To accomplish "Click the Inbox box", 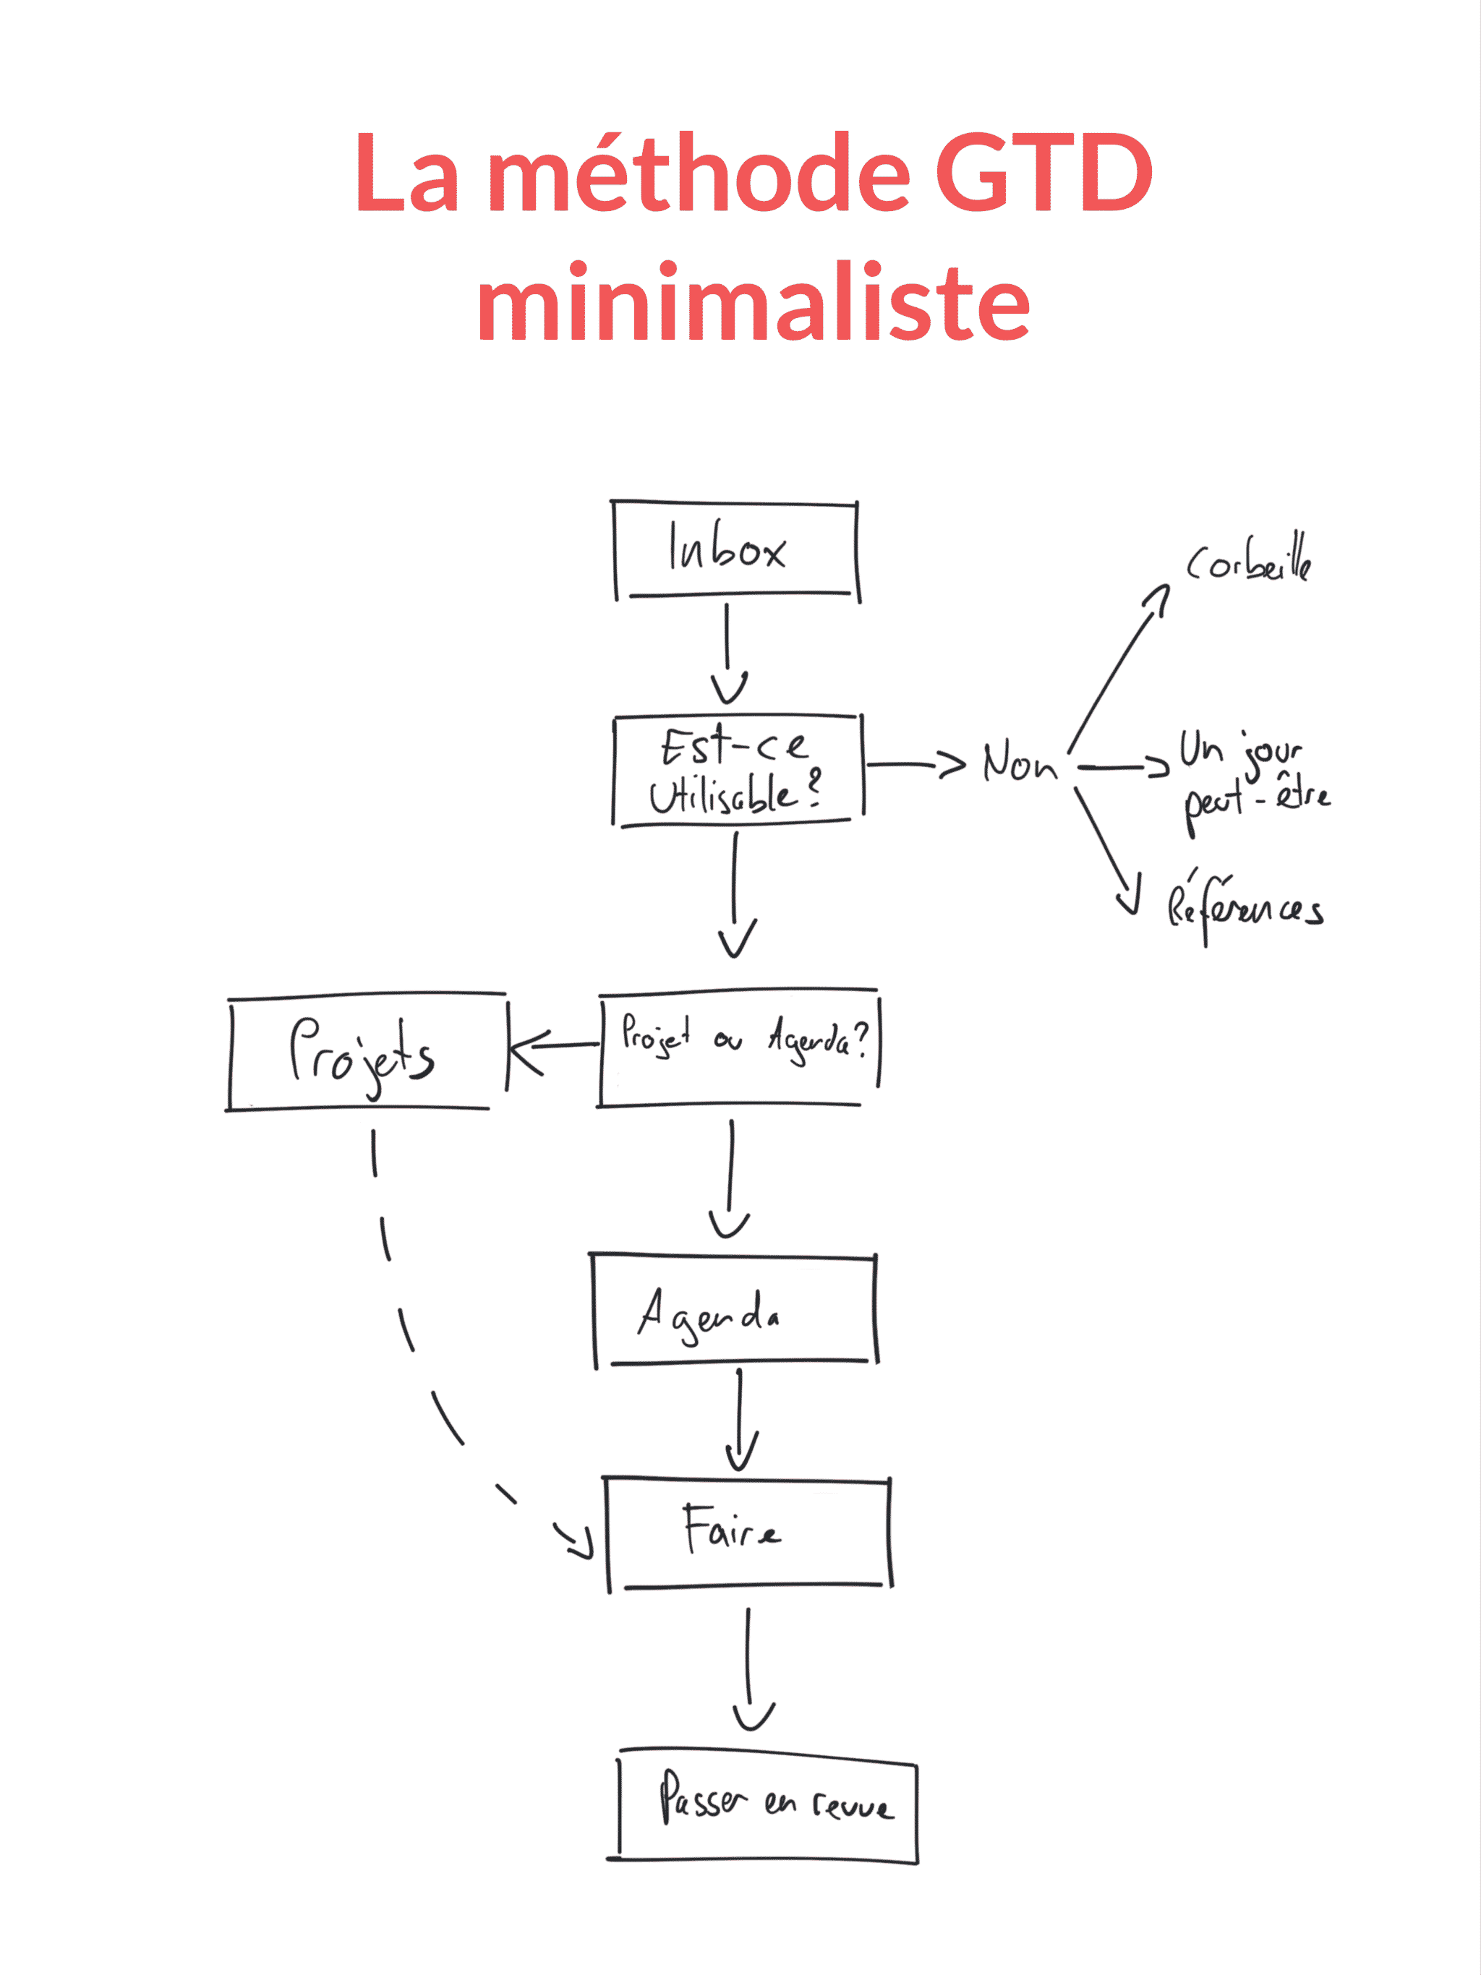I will point(735,550).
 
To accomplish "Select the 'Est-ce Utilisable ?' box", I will point(737,771).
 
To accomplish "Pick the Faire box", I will point(748,1532).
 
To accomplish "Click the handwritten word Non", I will point(1019,764).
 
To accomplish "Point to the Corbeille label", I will point(1249,561).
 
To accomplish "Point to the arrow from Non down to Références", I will point(1106,848).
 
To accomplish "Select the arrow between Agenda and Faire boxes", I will point(740,1419).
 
